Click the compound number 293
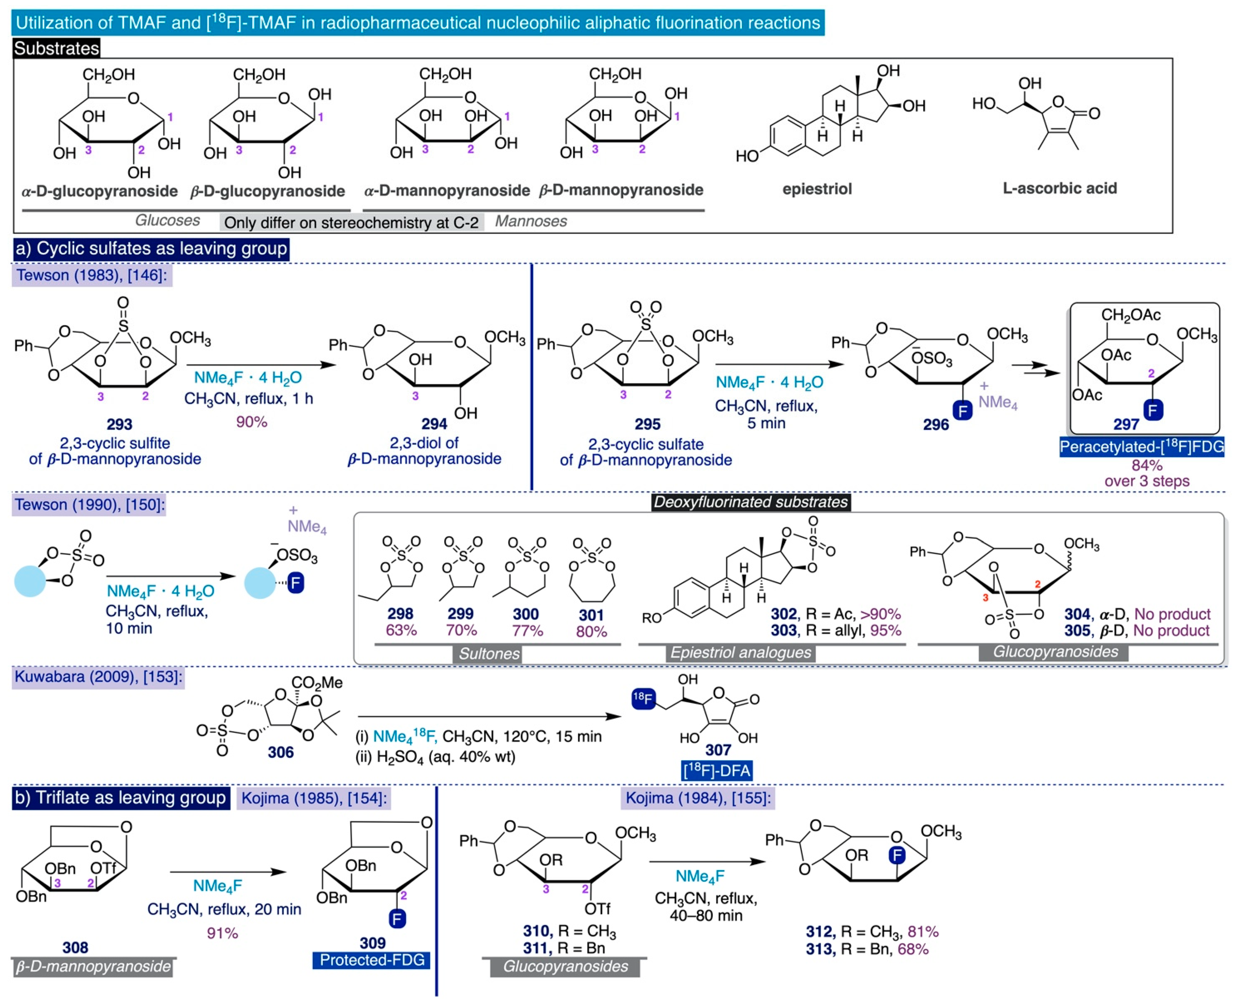tap(119, 424)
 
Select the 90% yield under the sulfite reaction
tap(251, 422)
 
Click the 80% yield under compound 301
tap(591, 632)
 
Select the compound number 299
tap(461, 614)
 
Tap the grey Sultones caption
tap(489, 654)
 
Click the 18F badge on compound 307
tap(642, 699)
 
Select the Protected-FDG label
tap(372, 960)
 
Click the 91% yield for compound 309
tap(223, 933)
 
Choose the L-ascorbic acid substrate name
tap(1060, 188)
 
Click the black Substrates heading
tap(56, 48)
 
